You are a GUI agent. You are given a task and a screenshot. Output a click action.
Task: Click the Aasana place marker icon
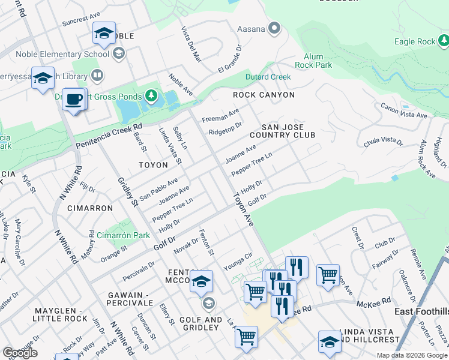pos(276,28)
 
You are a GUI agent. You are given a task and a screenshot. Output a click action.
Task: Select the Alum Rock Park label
pos(313,60)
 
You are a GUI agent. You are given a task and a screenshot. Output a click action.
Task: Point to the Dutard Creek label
pos(268,77)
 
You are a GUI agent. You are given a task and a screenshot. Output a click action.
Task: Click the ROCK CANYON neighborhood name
pos(264,95)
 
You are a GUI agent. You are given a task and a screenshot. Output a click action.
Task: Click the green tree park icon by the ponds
pos(151,96)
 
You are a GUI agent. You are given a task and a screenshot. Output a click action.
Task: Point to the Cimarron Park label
pos(123,235)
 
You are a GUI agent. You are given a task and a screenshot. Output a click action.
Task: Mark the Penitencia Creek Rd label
pos(109,137)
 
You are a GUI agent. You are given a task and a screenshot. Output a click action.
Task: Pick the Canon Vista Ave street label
pos(403,110)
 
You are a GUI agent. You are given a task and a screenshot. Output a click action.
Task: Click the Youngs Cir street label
pos(237,262)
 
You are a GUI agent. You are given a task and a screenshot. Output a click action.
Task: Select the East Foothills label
pos(421,311)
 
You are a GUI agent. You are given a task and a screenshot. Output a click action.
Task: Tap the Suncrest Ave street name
pos(82,21)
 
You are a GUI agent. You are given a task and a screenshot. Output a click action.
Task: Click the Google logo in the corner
pos(20,352)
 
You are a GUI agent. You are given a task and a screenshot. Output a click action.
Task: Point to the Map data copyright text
pos(412,355)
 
